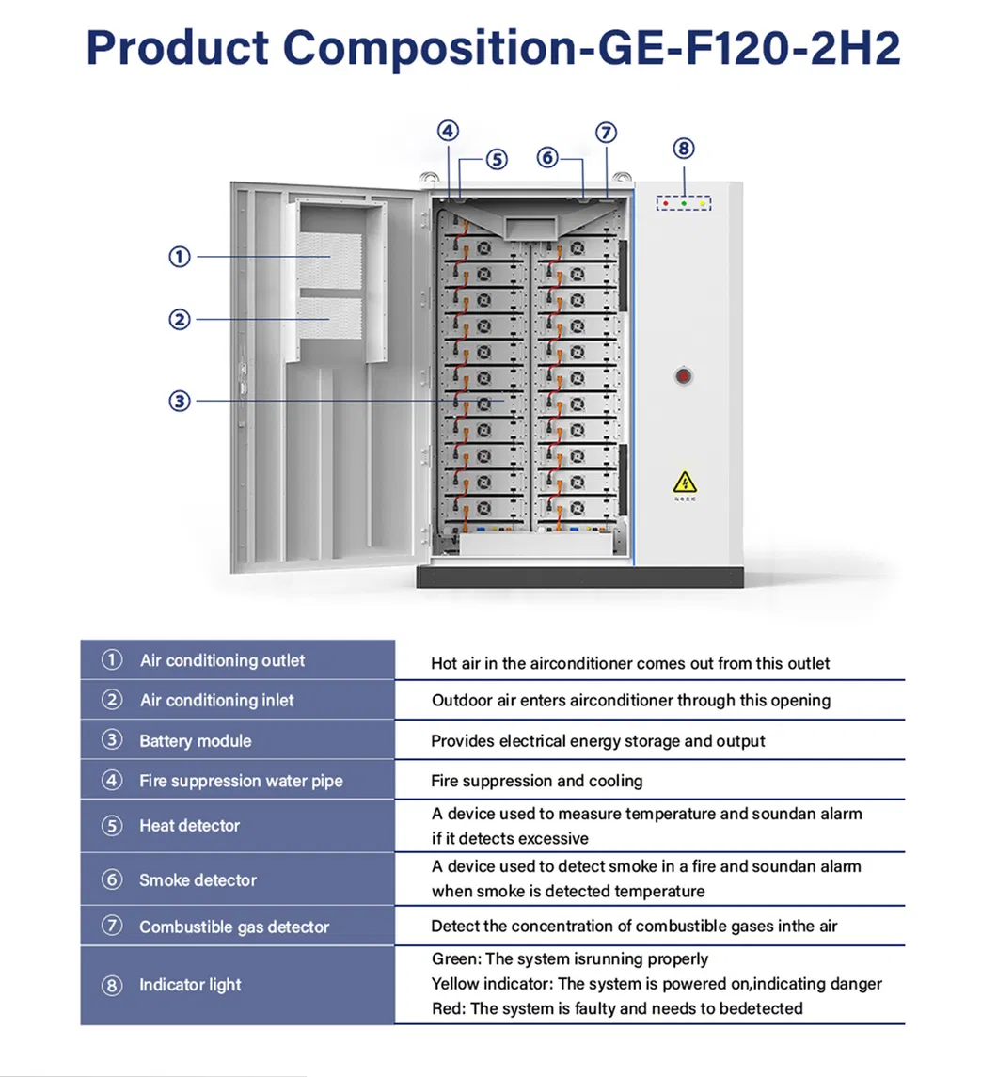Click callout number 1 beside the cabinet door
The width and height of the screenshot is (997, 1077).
(180, 257)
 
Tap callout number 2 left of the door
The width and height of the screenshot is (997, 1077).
(180, 320)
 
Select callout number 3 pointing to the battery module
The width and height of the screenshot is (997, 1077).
(180, 401)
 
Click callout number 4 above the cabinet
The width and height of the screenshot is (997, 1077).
(449, 131)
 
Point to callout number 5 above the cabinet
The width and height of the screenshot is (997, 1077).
(498, 159)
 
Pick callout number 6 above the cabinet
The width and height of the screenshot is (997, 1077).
(547, 158)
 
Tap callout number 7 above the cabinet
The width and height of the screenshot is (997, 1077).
(607, 132)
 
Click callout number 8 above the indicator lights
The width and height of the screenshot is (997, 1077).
(683, 148)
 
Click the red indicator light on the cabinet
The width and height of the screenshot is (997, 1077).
(665, 204)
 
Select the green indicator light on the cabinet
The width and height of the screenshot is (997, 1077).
(684, 204)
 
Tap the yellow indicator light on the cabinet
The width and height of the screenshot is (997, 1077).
(702, 204)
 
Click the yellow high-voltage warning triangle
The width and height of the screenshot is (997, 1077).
(685, 483)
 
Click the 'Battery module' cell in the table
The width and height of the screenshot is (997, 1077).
(196, 740)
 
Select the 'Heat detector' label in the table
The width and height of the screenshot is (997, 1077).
(189, 825)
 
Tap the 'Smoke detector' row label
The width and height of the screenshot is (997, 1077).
(198, 879)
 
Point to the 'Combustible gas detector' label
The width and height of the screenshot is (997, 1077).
(234, 927)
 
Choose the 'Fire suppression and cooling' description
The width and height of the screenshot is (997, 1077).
(537, 781)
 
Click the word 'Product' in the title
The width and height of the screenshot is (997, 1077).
(177, 48)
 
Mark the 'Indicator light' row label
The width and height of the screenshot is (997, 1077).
(190, 985)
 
